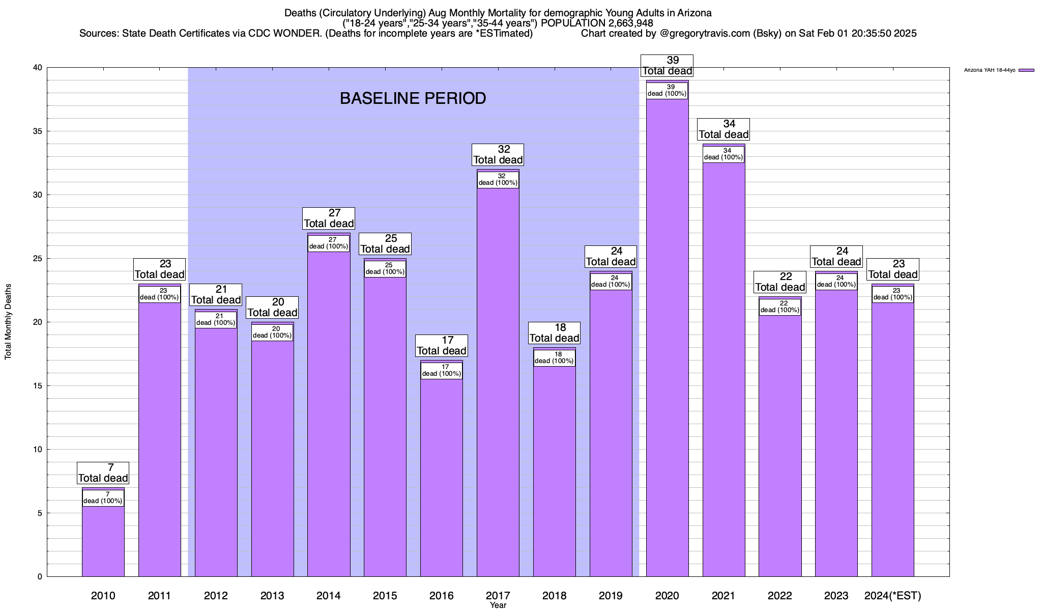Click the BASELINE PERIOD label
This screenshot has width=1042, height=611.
pyautogui.click(x=413, y=98)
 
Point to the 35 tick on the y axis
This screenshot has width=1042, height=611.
pyautogui.click(x=38, y=131)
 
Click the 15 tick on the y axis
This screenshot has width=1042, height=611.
pyautogui.click(x=38, y=386)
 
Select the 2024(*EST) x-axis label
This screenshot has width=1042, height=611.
pyautogui.click(x=892, y=595)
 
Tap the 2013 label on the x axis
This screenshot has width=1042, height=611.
pyautogui.click(x=272, y=595)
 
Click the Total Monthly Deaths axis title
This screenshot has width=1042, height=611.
pyautogui.click(x=8, y=322)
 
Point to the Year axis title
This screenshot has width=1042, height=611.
pyautogui.click(x=498, y=605)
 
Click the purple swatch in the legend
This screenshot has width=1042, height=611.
pyautogui.click(x=1026, y=70)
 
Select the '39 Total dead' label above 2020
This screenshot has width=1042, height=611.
pyautogui.click(x=667, y=66)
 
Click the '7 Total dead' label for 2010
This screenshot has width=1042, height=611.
pyautogui.click(x=103, y=473)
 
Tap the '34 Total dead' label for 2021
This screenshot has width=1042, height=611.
pyautogui.click(x=723, y=129)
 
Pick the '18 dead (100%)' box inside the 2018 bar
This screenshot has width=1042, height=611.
pyautogui.click(x=554, y=357)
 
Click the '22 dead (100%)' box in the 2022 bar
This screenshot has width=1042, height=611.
pyautogui.click(x=779, y=307)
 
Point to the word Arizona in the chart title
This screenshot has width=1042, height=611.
pyautogui.click(x=694, y=13)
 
